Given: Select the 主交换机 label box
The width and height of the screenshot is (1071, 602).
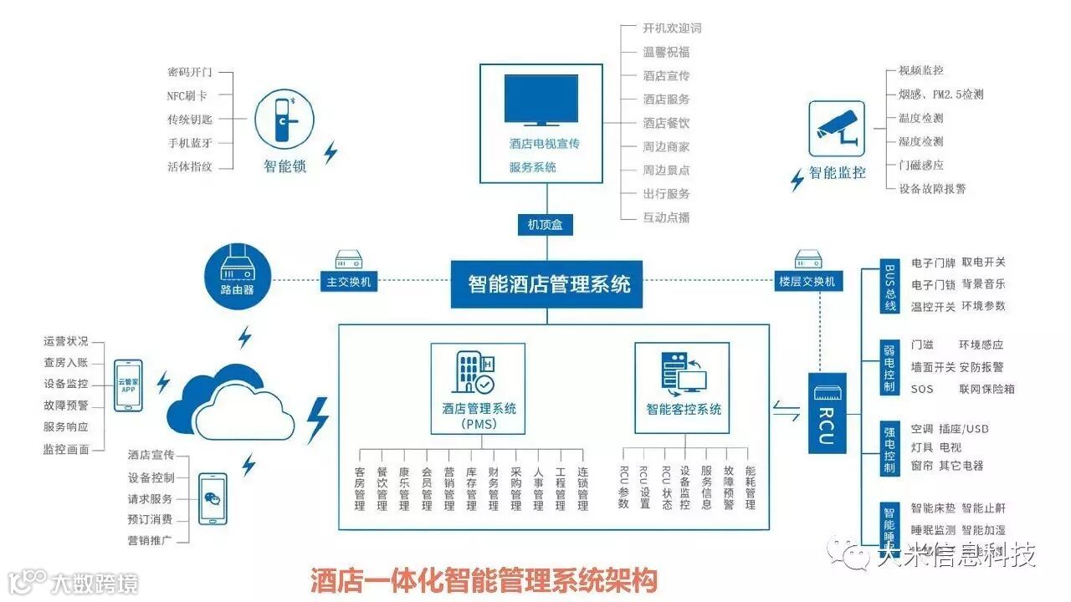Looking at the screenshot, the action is pos(347,282).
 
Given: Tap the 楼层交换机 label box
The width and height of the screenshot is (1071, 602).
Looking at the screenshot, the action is pos(807,282).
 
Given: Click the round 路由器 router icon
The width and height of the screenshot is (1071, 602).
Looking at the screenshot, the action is pos(237,274).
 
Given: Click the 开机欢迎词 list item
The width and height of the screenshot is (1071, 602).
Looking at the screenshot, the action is pos(672,28).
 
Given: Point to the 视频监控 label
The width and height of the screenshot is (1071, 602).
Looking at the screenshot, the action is pos(920,71).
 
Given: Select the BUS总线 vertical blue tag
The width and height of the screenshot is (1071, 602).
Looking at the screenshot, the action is pos(890,288).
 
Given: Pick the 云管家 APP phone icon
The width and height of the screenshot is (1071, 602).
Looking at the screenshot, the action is pos(128,385).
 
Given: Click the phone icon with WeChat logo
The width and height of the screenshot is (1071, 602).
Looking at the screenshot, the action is pos(213,499).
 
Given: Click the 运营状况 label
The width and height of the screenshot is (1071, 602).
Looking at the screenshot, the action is pos(65,341).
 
